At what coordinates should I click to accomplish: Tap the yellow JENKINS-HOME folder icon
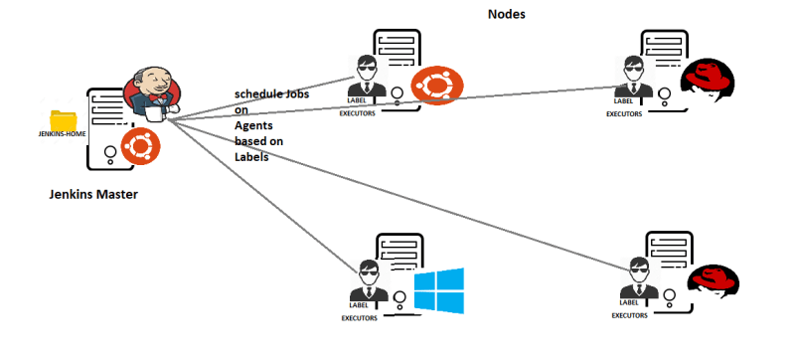click(x=62, y=118)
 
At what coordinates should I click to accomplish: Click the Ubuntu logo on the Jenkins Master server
click(x=140, y=149)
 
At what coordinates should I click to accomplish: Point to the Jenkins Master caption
click(x=92, y=194)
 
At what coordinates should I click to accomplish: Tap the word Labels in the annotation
click(x=252, y=156)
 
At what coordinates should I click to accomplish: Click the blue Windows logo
click(x=438, y=290)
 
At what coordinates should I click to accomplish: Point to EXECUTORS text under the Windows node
click(x=361, y=319)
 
